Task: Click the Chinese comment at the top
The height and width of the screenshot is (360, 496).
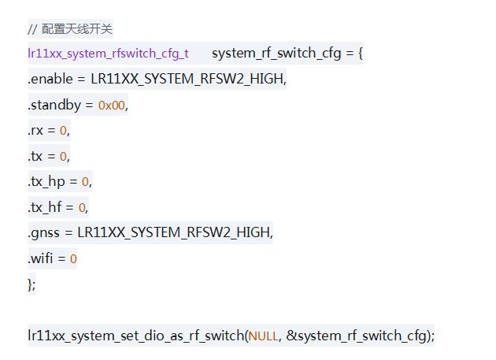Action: pos(70,29)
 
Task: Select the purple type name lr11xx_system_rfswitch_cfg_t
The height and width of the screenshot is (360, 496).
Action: pos(108,54)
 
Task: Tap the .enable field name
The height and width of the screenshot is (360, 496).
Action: pos(50,79)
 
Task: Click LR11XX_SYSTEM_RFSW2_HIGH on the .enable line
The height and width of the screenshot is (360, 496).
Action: pos(188,79)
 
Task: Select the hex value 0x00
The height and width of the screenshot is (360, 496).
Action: pos(112,105)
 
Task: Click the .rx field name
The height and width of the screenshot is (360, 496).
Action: pos(37,130)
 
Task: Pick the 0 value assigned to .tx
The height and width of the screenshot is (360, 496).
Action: pos(63,156)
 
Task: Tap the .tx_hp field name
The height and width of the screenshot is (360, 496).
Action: pos(46,181)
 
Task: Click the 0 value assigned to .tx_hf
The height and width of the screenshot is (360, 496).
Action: pos(82,207)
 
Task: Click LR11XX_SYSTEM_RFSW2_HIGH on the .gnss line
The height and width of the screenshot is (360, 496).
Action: pos(174,233)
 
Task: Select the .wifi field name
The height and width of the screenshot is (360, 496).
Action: pos(42,258)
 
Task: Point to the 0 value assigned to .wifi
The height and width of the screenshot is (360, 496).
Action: pos(73,258)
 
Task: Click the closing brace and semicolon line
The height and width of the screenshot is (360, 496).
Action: pos(31,284)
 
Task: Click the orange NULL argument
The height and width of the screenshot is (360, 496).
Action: pos(263,336)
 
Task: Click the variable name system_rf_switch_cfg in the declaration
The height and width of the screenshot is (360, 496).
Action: pos(276,54)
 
